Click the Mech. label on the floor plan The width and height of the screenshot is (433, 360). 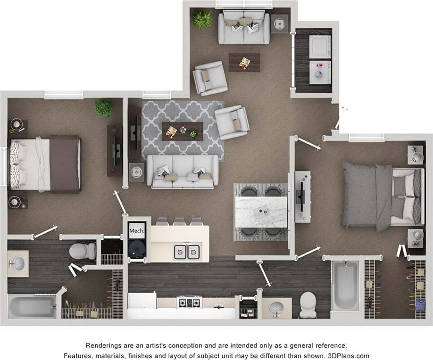(x=136, y=231)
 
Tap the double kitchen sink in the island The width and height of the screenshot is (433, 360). (x=186, y=252)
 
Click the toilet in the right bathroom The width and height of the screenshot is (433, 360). (x=308, y=303)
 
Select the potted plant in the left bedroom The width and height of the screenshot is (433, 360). (x=104, y=108)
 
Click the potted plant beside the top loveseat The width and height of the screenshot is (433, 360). (x=202, y=19)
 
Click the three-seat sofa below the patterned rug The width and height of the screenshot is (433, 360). (x=183, y=171)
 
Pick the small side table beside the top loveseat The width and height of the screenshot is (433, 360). (x=280, y=24)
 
